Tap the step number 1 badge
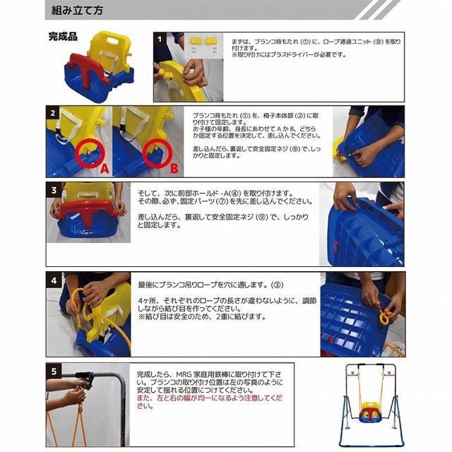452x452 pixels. click(160, 40)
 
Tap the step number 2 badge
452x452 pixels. click(53, 113)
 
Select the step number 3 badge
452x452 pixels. click(53, 189)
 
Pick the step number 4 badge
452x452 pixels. click(53, 279)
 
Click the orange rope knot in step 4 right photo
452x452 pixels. click(383, 316)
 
